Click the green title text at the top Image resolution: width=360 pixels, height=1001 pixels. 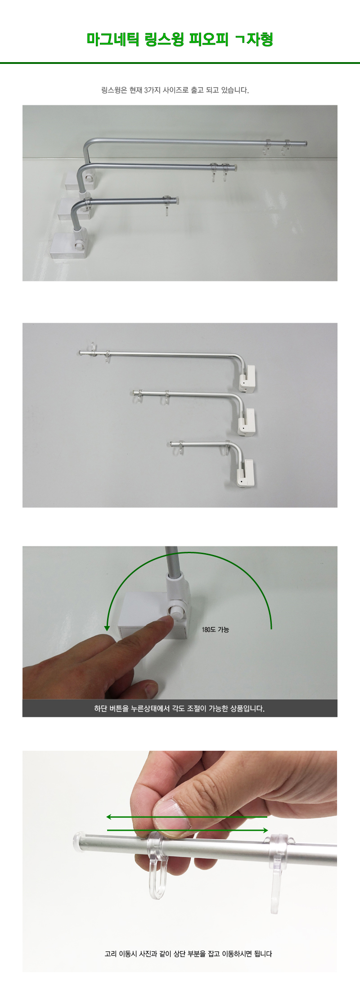[x=180, y=40]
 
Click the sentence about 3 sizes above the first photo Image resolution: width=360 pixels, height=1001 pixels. [x=175, y=90]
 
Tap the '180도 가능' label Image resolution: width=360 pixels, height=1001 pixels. [x=216, y=630]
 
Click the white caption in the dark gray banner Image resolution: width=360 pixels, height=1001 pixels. [x=180, y=708]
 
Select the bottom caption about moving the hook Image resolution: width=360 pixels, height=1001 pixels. [x=188, y=953]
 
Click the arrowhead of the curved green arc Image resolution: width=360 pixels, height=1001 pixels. [x=107, y=627]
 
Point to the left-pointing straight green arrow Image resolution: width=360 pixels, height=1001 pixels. [x=187, y=817]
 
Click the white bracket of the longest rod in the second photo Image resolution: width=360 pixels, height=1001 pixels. [x=248, y=378]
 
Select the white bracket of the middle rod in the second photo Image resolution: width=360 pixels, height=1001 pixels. [x=247, y=422]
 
